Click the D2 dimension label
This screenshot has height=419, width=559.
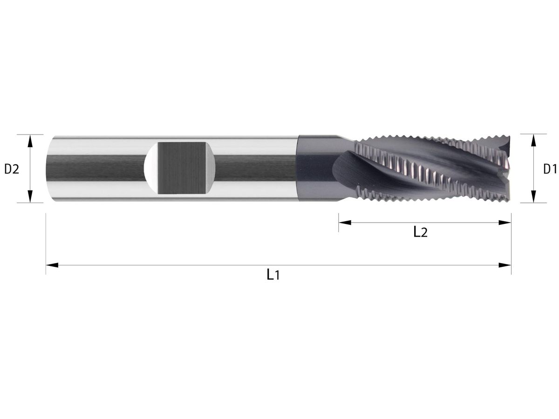pos(12,169)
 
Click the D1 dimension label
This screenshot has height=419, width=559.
pos(550,169)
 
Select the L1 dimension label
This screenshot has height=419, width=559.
pos(273,275)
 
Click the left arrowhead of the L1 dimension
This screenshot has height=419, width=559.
pos(52,265)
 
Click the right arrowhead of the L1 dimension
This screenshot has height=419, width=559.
pos(505,265)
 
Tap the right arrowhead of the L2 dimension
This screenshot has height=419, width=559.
pos(505,223)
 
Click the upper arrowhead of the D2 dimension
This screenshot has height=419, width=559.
pos(30,140)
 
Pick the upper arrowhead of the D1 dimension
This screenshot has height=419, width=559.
pos(533,140)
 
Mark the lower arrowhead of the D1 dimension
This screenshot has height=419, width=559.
pos(533,197)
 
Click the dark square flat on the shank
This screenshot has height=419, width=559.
pos(182,168)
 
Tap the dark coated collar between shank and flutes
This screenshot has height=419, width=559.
pos(314,169)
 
